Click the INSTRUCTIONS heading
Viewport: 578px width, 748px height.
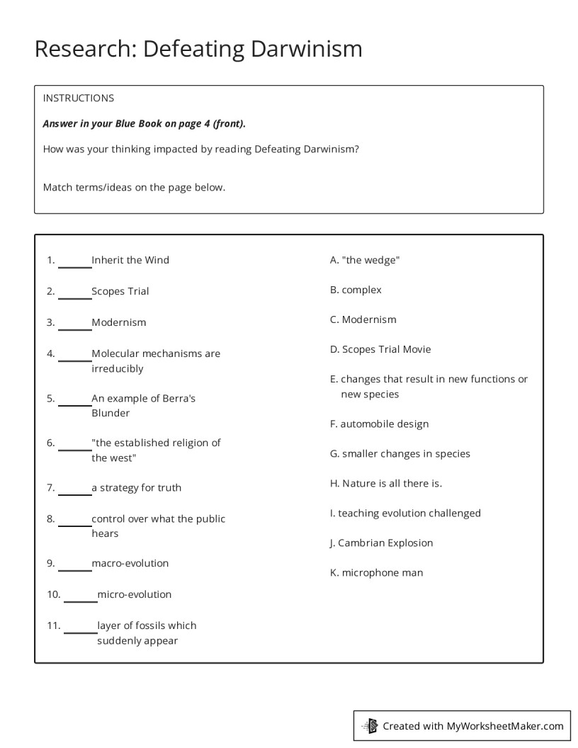point(79,98)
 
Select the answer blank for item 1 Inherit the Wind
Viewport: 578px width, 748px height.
point(74,262)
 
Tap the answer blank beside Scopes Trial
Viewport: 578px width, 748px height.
point(74,293)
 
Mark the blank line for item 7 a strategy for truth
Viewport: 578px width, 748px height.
point(74,489)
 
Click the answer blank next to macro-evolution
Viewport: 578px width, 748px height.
point(74,565)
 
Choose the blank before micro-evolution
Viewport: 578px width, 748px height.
point(80,596)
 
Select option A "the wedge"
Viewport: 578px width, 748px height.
point(365,260)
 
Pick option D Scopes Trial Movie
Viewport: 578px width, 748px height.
point(380,349)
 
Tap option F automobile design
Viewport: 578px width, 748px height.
point(379,424)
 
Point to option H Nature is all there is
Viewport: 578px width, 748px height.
point(386,483)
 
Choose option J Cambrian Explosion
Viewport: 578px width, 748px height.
point(381,543)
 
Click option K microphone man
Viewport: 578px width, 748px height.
point(376,572)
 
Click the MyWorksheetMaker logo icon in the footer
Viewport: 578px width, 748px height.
point(370,725)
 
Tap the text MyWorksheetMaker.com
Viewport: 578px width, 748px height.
point(505,725)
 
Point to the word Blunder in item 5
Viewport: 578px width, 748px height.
point(110,413)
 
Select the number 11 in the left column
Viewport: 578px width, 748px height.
point(54,625)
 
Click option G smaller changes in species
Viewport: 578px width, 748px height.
point(400,453)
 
